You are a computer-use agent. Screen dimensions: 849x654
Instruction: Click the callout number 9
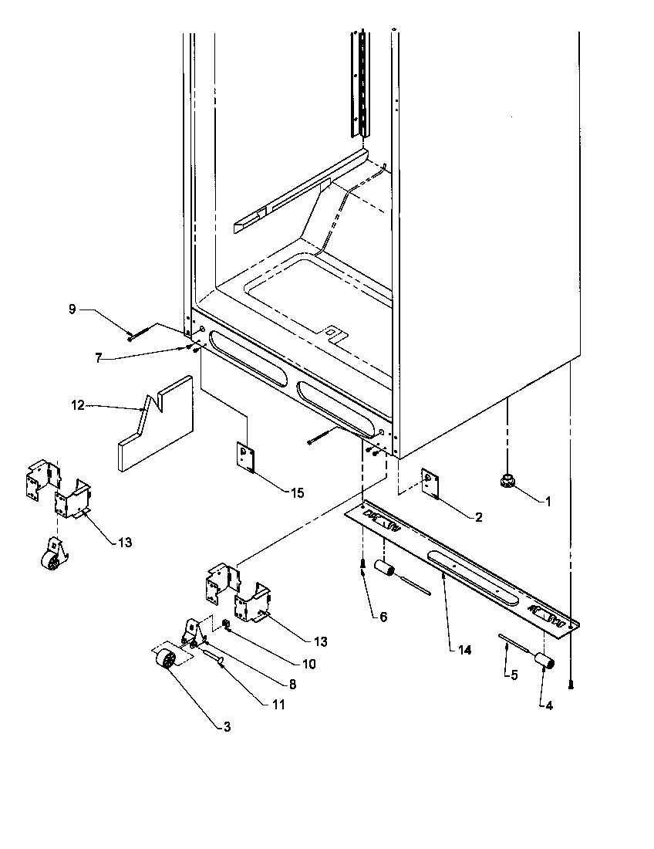72,309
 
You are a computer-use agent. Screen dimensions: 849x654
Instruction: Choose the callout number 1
548,502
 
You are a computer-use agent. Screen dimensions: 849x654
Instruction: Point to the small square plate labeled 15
246,457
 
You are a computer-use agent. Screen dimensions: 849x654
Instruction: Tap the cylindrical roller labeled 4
547,661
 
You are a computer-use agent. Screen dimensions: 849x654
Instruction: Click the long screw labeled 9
138,333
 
